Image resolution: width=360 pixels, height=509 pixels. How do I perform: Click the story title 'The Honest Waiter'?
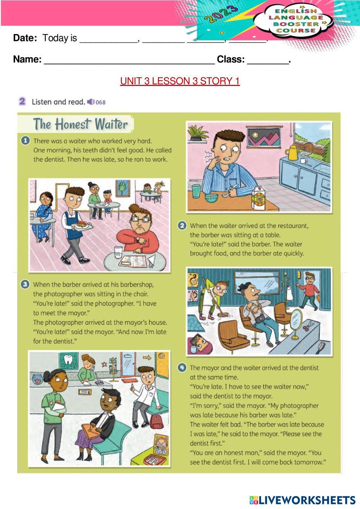[x=80, y=124]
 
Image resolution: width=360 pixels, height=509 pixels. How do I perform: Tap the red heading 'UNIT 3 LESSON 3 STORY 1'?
[x=180, y=81]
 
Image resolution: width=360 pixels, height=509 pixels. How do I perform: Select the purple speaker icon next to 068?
[x=91, y=102]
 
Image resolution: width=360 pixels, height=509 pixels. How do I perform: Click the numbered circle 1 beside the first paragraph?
[x=25, y=141]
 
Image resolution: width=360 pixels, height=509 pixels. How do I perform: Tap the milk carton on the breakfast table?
[x=258, y=198]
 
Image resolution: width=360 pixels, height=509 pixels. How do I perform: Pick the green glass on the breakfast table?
[x=196, y=192]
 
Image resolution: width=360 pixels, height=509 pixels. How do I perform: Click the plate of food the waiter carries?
[x=81, y=226]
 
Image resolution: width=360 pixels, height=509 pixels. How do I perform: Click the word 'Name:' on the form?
[x=27, y=59]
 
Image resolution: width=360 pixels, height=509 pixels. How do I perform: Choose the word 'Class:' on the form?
[x=231, y=59]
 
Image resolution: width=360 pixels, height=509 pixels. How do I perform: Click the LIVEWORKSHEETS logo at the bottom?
[x=302, y=500]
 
